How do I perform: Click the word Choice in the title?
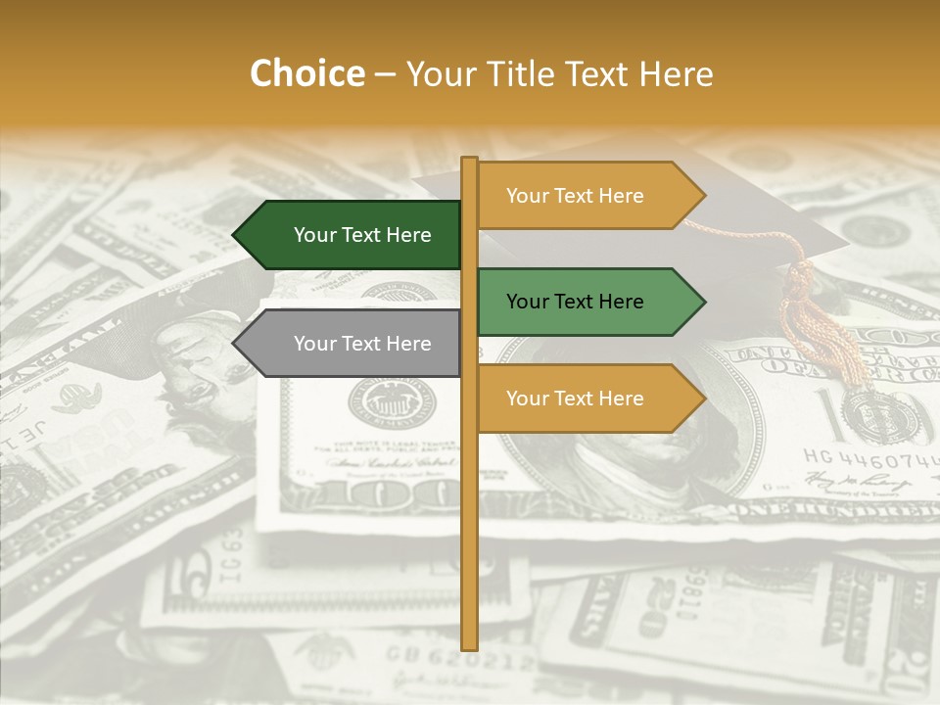click(x=306, y=73)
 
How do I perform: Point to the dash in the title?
click(x=385, y=74)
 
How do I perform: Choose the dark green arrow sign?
click(x=352, y=235)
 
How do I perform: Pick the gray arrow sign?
click(x=352, y=344)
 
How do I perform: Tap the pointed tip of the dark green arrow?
click(x=235, y=235)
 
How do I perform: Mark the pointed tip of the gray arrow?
click(x=235, y=344)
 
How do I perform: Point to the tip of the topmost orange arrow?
click(x=703, y=196)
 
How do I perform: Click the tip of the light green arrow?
click(x=703, y=302)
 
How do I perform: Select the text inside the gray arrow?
click(x=362, y=344)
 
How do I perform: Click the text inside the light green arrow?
click(x=575, y=302)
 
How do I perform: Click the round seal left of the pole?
click(x=393, y=402)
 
